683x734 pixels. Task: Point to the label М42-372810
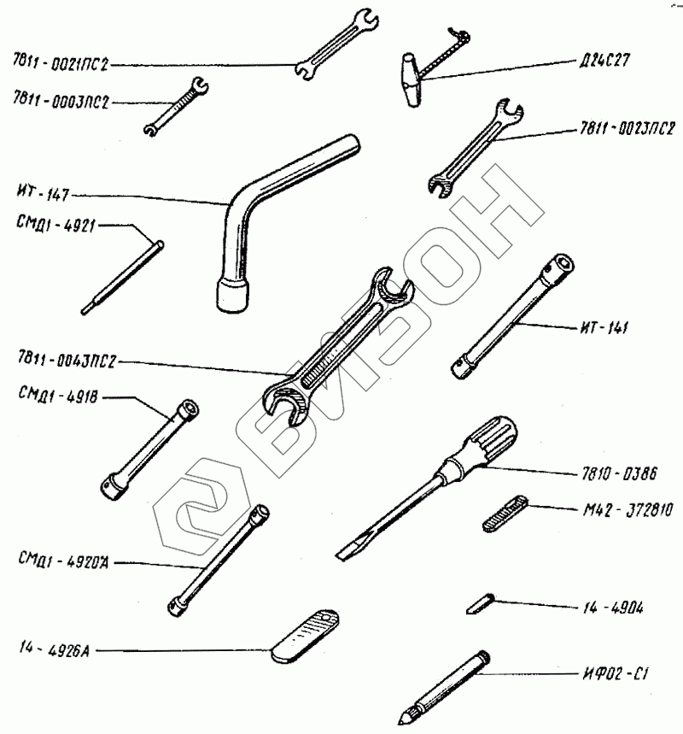point(627,512)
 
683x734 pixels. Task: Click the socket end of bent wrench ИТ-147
point(231,294)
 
